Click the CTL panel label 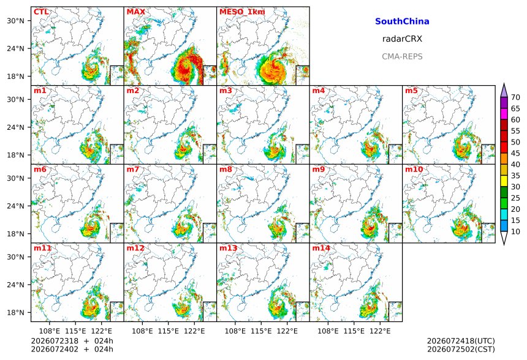coord(41,12)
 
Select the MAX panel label coord(136,12)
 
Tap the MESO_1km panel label coord(242,12)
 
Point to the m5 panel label coord(411,91)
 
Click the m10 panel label coord(414,169)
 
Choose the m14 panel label coord(321,248)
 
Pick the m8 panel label coord(226,169)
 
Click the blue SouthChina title coord(402,21)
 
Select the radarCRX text coord(402,39)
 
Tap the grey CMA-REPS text coord(402,56)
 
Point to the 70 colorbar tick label coord(515,97)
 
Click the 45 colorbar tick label coord(515,154)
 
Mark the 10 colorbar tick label coord(515,231)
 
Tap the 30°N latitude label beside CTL coord(15,21)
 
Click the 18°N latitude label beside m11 coord(15,313)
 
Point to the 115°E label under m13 coord(261,331)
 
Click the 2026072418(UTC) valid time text coord(461,341)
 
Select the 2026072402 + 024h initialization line coord(72,349)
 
